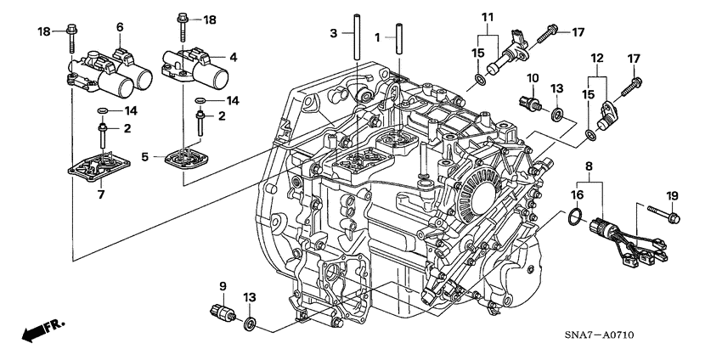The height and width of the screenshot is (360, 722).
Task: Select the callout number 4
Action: (235, 58)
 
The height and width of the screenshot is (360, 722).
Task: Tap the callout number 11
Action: (487, 18)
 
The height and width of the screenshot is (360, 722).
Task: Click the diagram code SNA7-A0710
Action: (651, 336)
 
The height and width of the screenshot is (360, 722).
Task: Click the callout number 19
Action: (672, 196)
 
